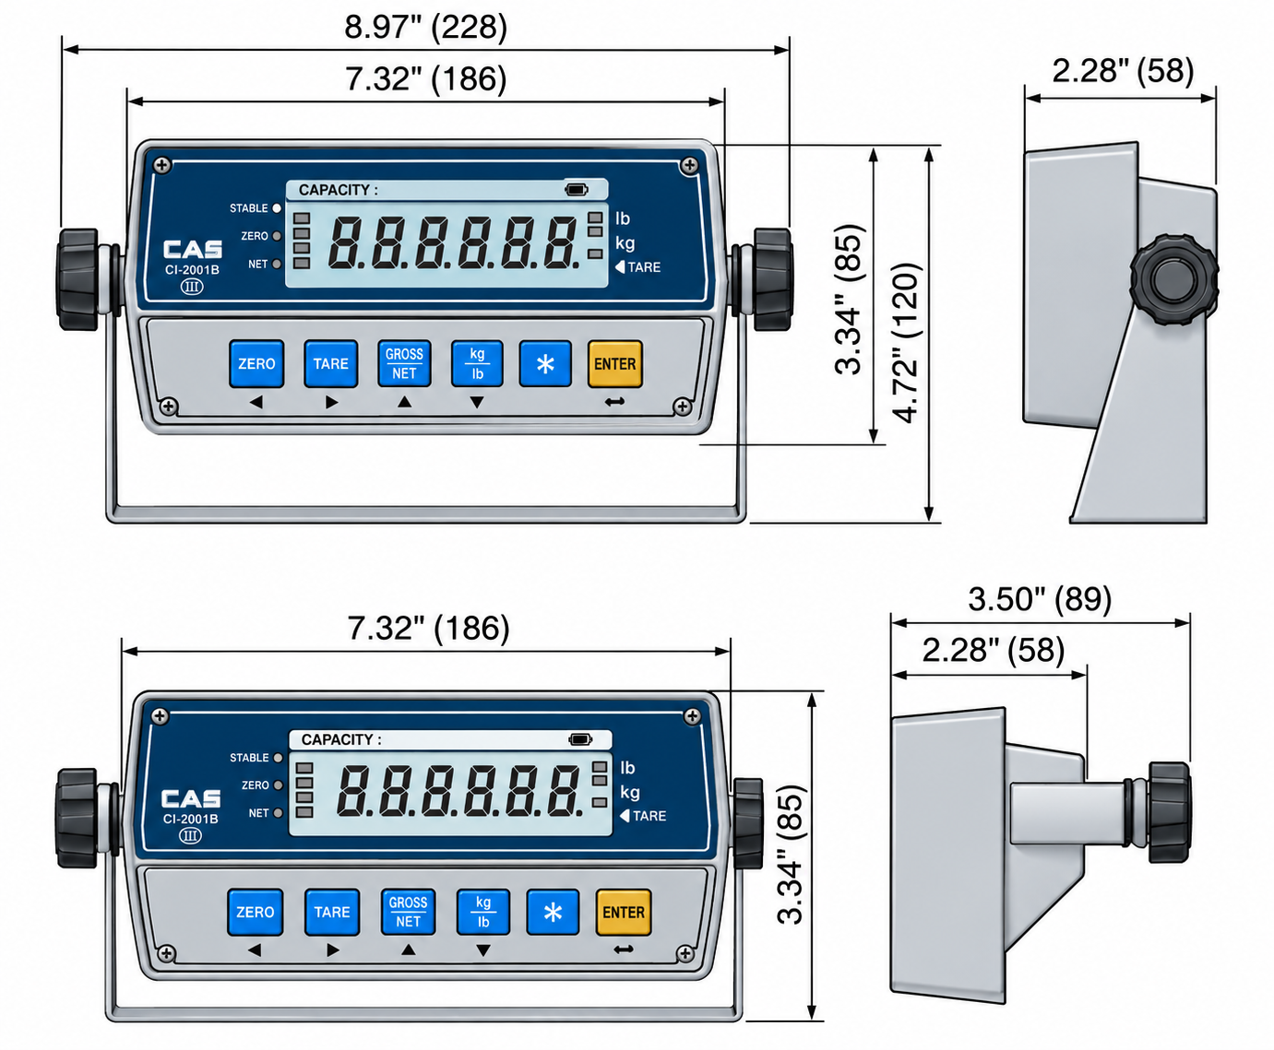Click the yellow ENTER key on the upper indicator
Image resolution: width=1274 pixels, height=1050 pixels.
(x=615, y=364)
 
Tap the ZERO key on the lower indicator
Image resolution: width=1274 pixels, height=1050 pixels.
(x=255, y=913)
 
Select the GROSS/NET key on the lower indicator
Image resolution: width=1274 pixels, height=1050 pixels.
(x=408, y=913)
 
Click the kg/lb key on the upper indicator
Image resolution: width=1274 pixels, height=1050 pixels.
(x=477, y=364)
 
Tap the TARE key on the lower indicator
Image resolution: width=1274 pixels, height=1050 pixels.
(x=332, y=913)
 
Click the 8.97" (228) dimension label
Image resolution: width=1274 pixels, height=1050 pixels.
(x=426, y=27)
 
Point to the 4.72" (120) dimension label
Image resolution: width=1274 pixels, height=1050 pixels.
(x=906, y=343)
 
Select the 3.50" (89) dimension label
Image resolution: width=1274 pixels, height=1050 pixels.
(x=1040, y=599)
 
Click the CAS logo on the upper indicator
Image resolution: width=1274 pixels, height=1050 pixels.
(x=193, y=250)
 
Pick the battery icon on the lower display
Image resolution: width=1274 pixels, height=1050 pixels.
(x=580, y=739)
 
